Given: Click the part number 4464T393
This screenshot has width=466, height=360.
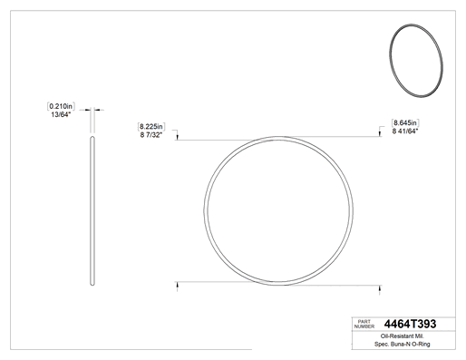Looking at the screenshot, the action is (410, 324).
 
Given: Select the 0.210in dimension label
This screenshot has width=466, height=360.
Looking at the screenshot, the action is (61, 106).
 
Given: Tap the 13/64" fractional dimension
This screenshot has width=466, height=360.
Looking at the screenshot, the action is (61, 114).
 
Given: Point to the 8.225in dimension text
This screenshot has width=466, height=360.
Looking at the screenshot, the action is (151, 126).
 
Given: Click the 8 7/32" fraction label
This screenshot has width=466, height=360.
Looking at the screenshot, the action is (151, 135).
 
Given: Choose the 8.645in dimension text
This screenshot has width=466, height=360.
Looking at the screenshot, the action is (405, 122).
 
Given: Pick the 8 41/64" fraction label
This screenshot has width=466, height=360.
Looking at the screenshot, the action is (405, 131).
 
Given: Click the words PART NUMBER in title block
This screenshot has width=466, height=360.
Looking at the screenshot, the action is (364, 324).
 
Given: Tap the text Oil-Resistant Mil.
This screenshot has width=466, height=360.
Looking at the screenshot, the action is (403, 336).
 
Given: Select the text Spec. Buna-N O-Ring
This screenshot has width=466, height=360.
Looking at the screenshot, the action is (403, 344).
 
